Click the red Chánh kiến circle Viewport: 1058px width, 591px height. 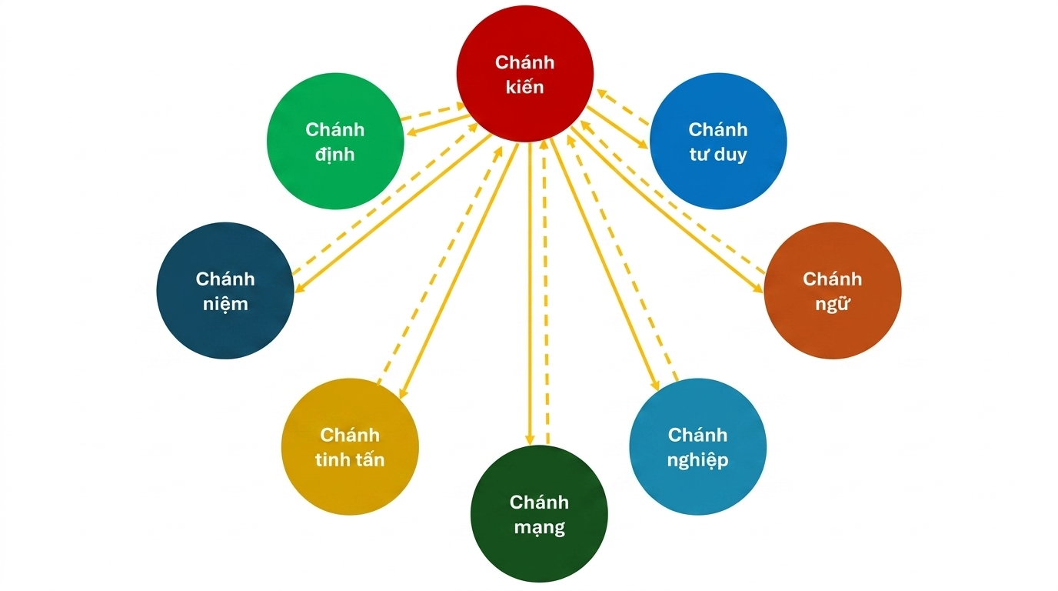coord(525,74)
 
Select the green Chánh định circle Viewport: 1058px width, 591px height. coord(335,141)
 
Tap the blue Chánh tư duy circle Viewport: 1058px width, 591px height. coord(717,141)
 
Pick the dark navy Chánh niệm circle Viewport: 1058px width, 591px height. coord(225,291)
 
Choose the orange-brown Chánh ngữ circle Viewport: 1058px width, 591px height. coord(832,291)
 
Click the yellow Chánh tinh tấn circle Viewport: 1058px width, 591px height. coord(350,447)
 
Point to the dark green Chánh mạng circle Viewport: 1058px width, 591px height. coord(538,514)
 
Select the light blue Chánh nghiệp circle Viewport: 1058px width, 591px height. coord(697,447)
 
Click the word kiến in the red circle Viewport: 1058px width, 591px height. coord(525,87)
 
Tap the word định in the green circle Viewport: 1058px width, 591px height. coord(335,154)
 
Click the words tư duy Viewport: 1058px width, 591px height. coord(717,154)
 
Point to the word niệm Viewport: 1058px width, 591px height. coord(225,304)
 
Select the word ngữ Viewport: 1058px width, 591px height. coord(832,304)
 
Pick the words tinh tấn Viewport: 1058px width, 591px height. coord(350,460)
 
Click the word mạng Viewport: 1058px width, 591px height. coord(538,528)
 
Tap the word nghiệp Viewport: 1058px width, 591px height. coord(697,461)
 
